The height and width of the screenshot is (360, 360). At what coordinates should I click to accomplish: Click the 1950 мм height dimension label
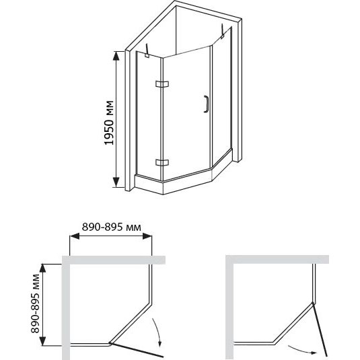click(109, 123)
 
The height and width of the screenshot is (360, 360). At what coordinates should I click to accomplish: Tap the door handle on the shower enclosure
click(206, 104)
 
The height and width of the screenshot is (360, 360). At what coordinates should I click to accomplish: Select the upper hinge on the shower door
click(162, 84)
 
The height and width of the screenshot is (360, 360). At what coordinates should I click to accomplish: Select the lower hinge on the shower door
click(162, 163)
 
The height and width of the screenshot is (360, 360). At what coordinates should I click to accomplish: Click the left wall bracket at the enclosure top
click(147, 51)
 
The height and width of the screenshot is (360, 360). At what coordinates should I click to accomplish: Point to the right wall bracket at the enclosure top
click(223, 31)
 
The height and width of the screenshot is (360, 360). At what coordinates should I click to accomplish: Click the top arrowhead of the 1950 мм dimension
click(116, 56)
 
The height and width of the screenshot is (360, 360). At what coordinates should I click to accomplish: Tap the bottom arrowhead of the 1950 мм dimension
click(116, 182)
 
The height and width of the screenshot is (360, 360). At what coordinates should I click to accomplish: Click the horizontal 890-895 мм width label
click(112, 227)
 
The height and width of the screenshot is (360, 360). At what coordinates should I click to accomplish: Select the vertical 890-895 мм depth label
click(36, 303)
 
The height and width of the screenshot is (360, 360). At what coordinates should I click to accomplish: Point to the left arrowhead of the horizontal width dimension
click(75, 236)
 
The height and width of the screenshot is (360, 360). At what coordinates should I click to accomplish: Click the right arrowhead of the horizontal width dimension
click(147, 236)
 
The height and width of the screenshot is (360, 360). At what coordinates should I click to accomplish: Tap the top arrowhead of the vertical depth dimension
click(43, 268)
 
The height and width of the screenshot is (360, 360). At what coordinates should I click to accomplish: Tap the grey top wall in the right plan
click(277, 260)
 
